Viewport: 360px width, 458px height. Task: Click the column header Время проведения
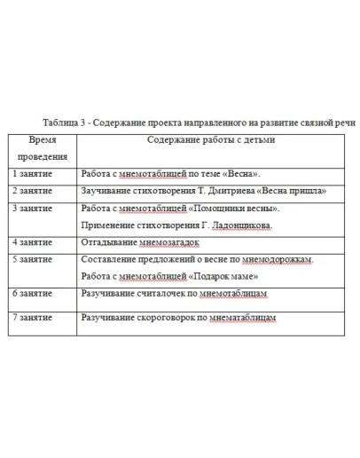coord(43,147)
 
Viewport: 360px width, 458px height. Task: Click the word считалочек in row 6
coord(156,293)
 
